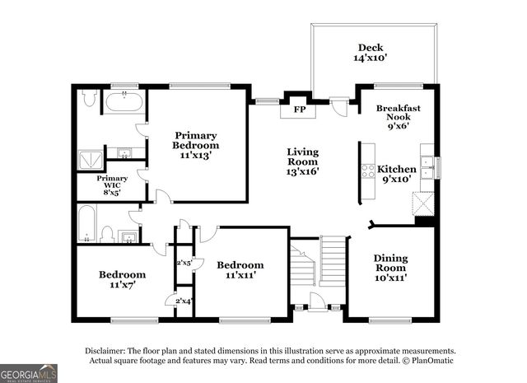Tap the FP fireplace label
coord(292,109)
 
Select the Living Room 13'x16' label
coord(302,161)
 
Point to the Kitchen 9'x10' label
coord(397,174)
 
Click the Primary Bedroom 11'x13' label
coord(195,145)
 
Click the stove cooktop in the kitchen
coord(368,171)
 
